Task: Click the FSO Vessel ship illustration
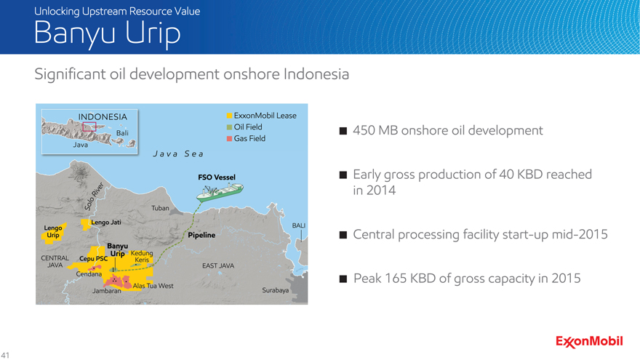[220, 192]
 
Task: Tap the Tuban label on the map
[160, 208]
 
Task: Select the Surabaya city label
[275, 290]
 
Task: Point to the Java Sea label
[178, 154]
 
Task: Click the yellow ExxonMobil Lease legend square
[229, 116]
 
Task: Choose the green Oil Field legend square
[229, 127]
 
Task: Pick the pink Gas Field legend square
[229, 139]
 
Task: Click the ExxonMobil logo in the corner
[589, 342]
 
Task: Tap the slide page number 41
[5, 355]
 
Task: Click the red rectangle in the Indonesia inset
[89, 127]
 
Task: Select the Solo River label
[94, 197]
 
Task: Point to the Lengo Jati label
[106, 223]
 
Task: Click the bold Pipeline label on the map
[201, 235]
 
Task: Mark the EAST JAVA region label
[218, 265]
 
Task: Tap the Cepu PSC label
[94, 259]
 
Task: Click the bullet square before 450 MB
[343, 131]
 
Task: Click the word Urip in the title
[153, 33]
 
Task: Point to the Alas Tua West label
[153, 286]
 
